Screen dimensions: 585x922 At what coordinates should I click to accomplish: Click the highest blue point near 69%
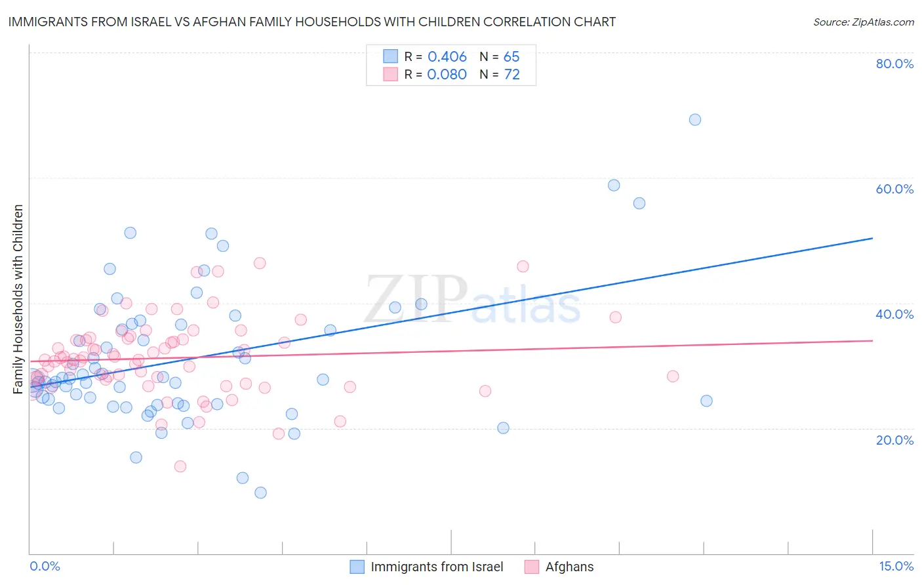pyautogui.click(x=695, y=119)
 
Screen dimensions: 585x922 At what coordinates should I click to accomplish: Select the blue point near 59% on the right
pyautogui.click(x=614, y=185)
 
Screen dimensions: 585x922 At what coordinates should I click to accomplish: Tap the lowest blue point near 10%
pyautogui.click(x=260, y=493)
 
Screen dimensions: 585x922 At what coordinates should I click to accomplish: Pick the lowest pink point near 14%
pyautogui.click(x=180, y=466)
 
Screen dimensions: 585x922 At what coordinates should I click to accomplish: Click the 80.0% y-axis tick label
pyautogui.click(x=894, y=64)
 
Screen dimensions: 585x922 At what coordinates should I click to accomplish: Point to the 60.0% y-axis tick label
pyautogui.click(x=894, y=189)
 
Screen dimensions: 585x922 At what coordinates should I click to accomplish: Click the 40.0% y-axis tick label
pyautogui.click(x=894, y=314)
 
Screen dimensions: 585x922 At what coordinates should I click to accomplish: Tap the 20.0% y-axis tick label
pyautogui.click(x=894, y=440)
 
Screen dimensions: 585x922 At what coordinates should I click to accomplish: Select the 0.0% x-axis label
pyautogui.click(x=45, y=567)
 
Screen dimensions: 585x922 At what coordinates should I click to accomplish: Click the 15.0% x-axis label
pyautogui.click(x=896, y=567)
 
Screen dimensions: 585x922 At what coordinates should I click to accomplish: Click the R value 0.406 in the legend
pyautogui.click(x=447, y=57)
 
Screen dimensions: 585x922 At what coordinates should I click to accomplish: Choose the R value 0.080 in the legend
pyautogui.click(x=447, y=75)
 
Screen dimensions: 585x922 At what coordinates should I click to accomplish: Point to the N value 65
pyautogui.click(x=511, y=57)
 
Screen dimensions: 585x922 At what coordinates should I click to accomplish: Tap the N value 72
pyautogui.click(x=511, y=75)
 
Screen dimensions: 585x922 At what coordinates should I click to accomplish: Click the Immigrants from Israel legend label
pyautogui.click(x=437, y=567)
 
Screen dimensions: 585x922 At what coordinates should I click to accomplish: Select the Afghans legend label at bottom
pyautogui.click(x=569, y=567)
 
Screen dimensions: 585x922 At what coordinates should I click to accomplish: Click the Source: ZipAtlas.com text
pyautogui.click(x=863, y=22)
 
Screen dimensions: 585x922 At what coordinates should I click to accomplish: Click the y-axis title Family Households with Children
pyautogui.click(x=18, y=299)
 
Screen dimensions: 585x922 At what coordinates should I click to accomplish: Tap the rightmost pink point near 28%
pyautogui.click(x=673, y=376)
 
